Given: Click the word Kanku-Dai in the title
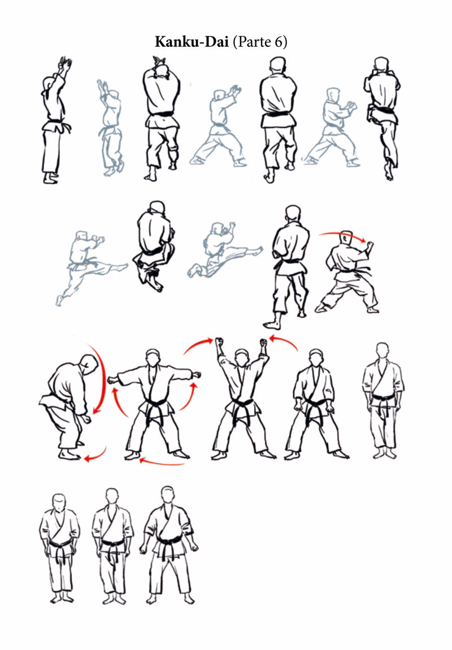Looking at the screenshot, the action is point(192,42).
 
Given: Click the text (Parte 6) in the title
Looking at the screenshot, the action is point(260,42).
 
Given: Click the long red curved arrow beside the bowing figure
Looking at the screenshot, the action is point(101,378).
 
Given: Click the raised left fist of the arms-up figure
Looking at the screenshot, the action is point(263,343).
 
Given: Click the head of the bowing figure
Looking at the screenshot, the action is point(89,365).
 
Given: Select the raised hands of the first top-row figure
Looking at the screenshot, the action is point(65,63).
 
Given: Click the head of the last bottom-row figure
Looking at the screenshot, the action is point(167,495).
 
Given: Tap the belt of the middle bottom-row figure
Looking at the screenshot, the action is point(112,544).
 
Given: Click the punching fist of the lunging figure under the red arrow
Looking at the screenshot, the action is point(370,245).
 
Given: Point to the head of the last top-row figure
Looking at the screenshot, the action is point(381,64).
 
